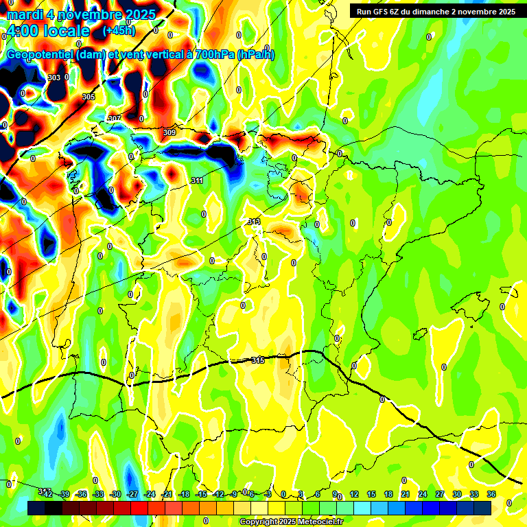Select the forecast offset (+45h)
119,31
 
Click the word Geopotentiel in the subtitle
38,55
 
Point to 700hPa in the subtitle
214,55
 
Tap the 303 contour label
54,78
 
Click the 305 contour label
89,97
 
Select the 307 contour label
115,119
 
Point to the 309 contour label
169,132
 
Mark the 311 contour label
197,180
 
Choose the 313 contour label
254,222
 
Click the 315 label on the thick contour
258,360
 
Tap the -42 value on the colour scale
48,494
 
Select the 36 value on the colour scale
491,494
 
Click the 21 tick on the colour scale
406,494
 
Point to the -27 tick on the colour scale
133,494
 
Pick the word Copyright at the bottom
259,522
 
